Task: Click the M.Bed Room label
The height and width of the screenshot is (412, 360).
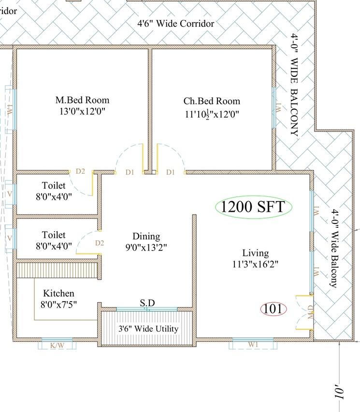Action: point(82,101)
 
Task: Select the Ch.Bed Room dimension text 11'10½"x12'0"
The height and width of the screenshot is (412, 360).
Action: point(211,114)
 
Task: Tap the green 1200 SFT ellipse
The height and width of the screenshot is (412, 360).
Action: point(254,207)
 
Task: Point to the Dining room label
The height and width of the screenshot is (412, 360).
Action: point(146,236)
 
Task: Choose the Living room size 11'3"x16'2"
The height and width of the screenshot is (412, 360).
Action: point(255,264)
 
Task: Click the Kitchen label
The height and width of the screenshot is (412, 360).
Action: point(59,294)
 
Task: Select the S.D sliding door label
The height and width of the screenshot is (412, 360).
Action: point(147,303)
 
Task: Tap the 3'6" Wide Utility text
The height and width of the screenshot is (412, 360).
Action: point(148,329)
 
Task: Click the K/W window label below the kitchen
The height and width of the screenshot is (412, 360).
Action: point(57,345)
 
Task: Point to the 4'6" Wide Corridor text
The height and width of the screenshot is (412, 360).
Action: point(176,23)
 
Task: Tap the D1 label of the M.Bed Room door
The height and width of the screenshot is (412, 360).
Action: point(129,172)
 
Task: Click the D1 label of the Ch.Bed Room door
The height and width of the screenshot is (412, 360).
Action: point(170,172)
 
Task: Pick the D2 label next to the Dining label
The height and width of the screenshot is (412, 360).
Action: point(100,243)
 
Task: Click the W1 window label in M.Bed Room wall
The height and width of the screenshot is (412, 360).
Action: point(10,110)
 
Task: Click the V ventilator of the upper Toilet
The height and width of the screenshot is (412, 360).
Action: point(9,194)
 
